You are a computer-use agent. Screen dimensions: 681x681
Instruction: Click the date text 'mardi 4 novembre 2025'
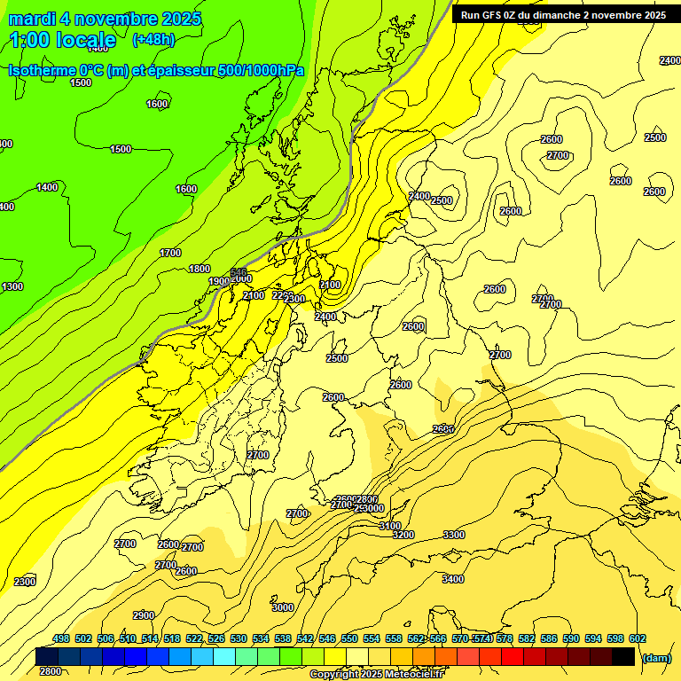(x=105, y=19)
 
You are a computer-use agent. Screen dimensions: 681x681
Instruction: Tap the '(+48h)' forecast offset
(x=153, y=40)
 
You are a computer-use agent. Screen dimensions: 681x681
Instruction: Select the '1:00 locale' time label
(x=63, y=40)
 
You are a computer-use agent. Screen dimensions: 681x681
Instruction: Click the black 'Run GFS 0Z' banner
(x=563, y=15)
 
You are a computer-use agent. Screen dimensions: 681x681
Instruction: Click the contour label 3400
(x=452, y=579)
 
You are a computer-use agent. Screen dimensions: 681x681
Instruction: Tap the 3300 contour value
(x=454, y=535)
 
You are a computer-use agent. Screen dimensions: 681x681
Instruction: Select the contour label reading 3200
(x=403, y=535)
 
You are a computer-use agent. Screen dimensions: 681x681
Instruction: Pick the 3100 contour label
(x=390, y=526)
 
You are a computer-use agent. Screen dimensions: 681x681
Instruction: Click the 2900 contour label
(x=144, y=615)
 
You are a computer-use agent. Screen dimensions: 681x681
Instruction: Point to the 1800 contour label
(x=200, y=269)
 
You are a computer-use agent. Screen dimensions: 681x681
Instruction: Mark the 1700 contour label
(x=170, y=253)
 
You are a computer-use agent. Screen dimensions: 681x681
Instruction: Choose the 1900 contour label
(x=219, y=281)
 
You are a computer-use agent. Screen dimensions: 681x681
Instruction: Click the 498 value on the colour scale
(x=61, y=638)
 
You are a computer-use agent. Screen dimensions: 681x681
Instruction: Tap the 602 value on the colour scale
(x=638, y=638)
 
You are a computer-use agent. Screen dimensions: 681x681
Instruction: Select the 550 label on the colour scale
(x=349, y=638)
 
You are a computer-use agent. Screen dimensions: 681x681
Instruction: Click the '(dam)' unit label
(x=655, y=657)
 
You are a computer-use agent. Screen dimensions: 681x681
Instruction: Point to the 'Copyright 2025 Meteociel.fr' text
(x=376, y=675)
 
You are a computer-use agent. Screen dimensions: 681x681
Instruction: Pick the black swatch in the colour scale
(x=623, y=656)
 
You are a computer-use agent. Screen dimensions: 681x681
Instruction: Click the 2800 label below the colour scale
(x=51, y=671)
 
